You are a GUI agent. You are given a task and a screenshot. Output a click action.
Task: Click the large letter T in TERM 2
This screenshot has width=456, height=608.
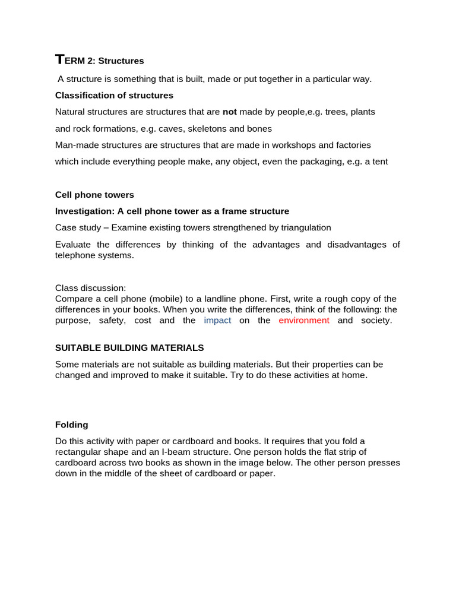[x=59, y=59]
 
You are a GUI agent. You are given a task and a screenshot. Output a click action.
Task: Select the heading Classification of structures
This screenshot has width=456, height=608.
[x=114, y=95]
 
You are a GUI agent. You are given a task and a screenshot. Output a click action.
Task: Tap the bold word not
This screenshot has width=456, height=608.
[x=229, y=112]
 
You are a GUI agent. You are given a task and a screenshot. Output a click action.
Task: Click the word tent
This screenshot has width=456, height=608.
[x=378, y=161]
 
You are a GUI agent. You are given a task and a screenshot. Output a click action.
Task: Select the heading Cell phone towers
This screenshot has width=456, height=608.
[x=94, y=195]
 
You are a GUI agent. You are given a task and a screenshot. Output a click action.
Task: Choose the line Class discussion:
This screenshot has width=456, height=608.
[x=90, y=289]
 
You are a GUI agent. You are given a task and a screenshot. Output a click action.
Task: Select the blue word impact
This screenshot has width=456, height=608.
[x=217, y=321]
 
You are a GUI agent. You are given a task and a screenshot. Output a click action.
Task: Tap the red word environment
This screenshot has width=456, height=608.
[x=304, y=321]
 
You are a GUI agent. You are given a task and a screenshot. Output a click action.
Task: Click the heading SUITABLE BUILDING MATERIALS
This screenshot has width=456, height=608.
[x=129, y=348]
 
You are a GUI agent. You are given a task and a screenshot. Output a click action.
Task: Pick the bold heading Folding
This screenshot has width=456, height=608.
[x=72, y=425]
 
